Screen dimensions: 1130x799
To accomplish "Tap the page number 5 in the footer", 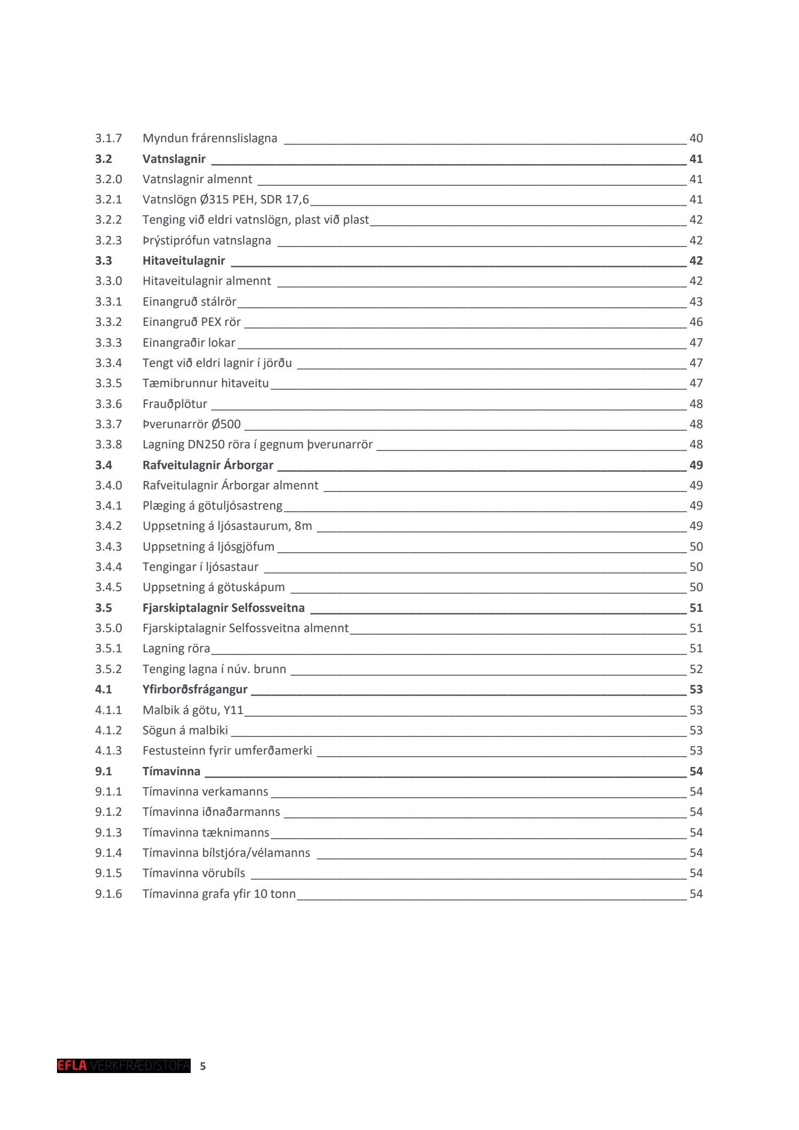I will (x=202, y=1066).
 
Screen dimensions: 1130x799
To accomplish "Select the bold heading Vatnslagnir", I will (x=174, y=159).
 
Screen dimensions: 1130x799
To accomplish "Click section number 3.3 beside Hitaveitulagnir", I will (x=104, y=261).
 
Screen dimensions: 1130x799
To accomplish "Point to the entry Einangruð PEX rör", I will (x=191, y=322).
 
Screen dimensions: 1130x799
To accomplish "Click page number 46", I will (x=696, y=322).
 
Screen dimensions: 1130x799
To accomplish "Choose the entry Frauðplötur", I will (x=175, y=404).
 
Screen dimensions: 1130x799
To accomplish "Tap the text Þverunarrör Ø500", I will (x=191, y=424).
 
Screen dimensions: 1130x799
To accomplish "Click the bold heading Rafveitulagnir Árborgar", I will (x=208, y=465).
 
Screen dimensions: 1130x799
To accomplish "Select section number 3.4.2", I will (x=108, y=526).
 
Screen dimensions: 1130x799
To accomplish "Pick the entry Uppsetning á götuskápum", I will (x=214, y=587).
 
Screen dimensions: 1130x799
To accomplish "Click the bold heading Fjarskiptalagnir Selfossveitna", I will (x=223, y=608).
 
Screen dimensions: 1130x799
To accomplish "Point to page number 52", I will (x=696, y=669).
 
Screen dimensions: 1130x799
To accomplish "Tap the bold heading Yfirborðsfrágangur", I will (x=195, y=690).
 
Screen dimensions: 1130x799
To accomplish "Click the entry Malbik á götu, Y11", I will (x=193, y=710).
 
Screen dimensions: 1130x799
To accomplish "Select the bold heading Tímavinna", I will (x=172, y=772).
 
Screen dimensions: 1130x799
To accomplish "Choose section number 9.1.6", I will (x=108, y=894).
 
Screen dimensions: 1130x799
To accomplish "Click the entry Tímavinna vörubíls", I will (x=194, y=873).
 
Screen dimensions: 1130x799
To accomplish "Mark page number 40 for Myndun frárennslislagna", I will (x=696, y=138).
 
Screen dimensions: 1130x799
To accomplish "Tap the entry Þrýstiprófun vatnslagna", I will (x=207, y=241).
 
